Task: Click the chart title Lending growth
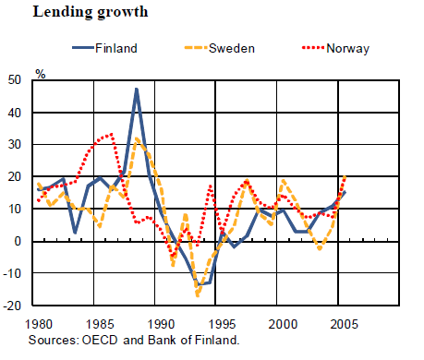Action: (91, 13)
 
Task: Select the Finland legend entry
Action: (104, 48)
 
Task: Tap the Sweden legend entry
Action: (220, 48)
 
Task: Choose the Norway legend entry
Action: (335, 49)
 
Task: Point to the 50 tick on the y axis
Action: (15, 80)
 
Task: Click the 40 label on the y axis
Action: (15, 113)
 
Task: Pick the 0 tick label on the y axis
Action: (18, 241)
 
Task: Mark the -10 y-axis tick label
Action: (12, 273)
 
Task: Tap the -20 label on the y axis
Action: (12, 306)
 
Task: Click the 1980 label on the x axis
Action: (39, 324)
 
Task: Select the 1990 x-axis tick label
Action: (162, 324)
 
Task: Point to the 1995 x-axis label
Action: (222, 324)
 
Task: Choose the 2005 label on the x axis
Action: (345, 324)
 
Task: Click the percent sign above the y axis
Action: (41, 74)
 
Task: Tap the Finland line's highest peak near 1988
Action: (137, 90)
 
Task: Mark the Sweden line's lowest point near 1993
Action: (198, 295)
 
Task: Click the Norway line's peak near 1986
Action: (112, 134)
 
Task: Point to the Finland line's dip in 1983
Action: (75, 233)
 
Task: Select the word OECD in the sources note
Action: (100, 340)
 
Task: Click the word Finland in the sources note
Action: (217, 340)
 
